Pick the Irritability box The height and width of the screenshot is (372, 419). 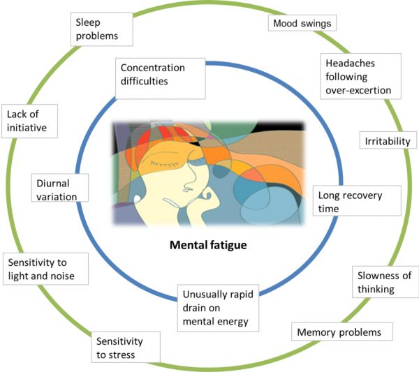click(388, 141)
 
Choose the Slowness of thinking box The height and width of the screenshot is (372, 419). click(381, 281)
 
